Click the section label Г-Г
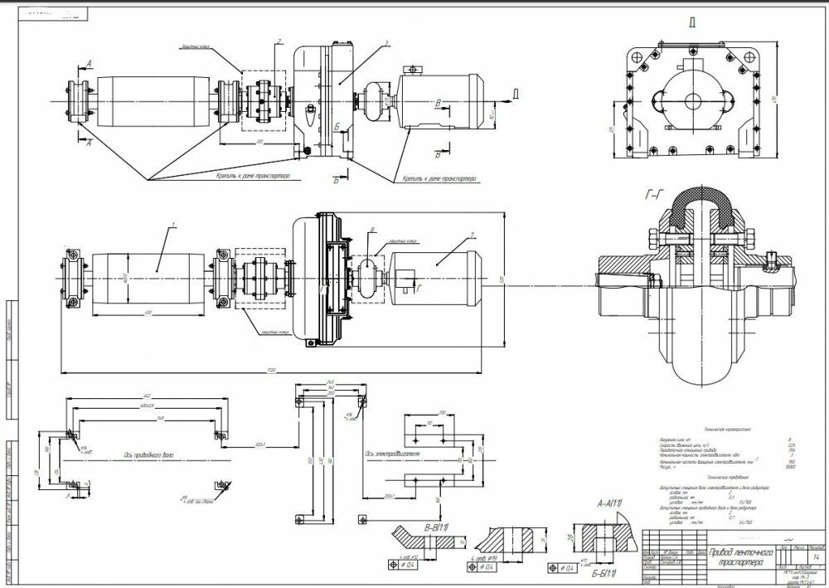tap(653, 197)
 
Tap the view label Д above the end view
tap(691, 23)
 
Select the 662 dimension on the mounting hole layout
tap(145, 396)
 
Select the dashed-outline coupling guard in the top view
tap(264, 101)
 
